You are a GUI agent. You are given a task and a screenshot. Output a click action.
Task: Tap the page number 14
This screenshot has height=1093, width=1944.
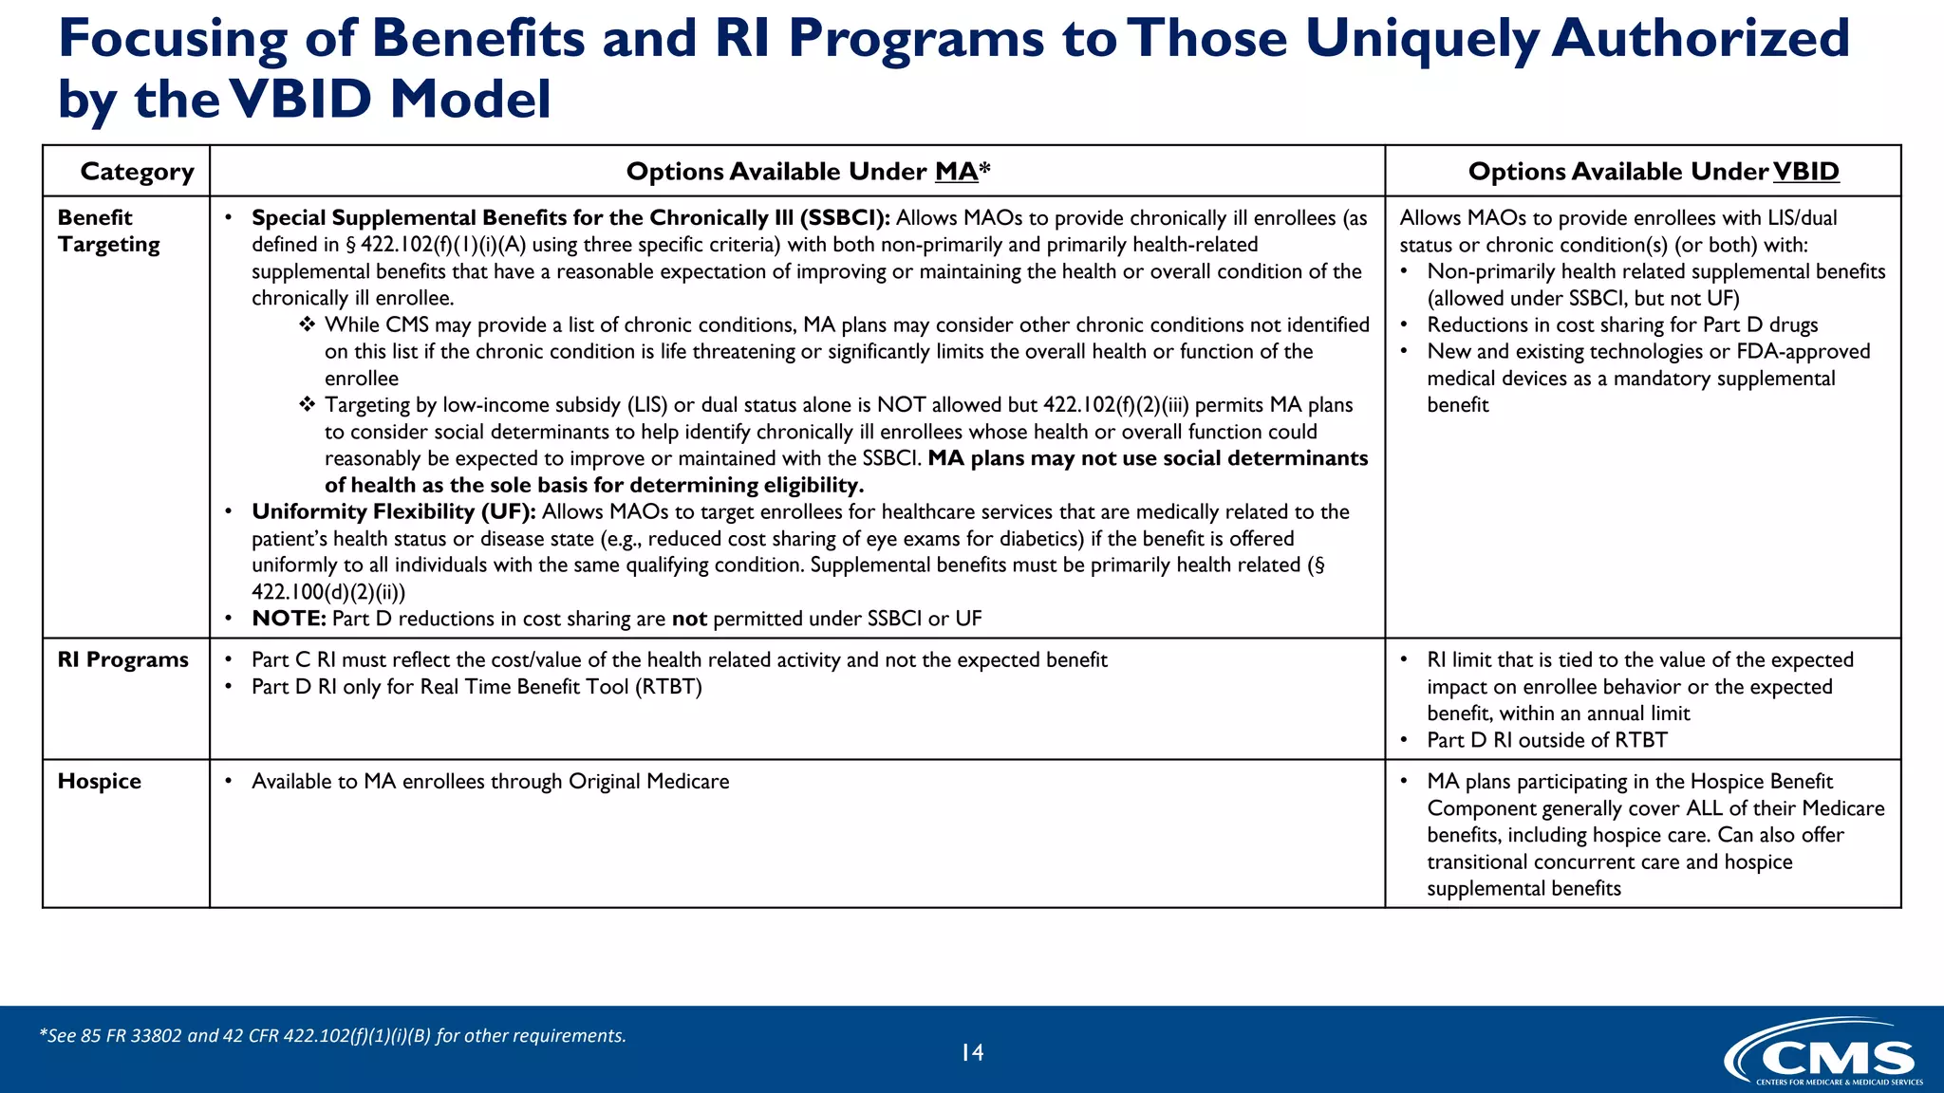(972, 1052)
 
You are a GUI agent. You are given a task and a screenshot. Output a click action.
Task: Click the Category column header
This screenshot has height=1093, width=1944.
(137, 172)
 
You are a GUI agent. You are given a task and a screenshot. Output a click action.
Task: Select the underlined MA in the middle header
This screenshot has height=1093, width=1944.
(955, 172)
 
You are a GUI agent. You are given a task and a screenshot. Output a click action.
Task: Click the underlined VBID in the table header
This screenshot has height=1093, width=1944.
(1805, 172)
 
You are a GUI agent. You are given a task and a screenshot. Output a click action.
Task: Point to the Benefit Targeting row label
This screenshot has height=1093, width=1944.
(108, 231)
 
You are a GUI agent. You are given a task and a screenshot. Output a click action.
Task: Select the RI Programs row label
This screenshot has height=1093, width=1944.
(122, 659)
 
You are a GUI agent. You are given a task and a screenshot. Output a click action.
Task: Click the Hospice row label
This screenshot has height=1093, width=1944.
(99, 781)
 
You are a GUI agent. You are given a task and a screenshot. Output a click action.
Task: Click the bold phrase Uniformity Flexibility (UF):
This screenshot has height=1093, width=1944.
(393, 512)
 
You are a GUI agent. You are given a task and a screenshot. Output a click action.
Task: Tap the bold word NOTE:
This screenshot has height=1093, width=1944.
(289, 619)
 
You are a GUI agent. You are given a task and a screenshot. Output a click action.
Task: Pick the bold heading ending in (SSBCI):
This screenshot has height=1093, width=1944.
(570, 218)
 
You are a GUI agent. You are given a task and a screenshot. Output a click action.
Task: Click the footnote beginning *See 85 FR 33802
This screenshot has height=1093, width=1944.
(332, 1035)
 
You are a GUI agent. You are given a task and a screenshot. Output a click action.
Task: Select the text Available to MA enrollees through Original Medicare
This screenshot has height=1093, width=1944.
(490, 782)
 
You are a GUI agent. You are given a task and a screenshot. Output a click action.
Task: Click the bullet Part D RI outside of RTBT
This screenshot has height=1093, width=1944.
(1546, 740)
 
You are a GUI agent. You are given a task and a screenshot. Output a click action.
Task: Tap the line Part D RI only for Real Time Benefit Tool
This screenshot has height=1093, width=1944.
(477, 687)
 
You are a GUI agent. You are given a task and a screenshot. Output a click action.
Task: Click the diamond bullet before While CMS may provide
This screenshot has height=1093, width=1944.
(307, 325)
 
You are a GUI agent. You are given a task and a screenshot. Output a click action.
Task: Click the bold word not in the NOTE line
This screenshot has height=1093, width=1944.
(689, 619)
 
